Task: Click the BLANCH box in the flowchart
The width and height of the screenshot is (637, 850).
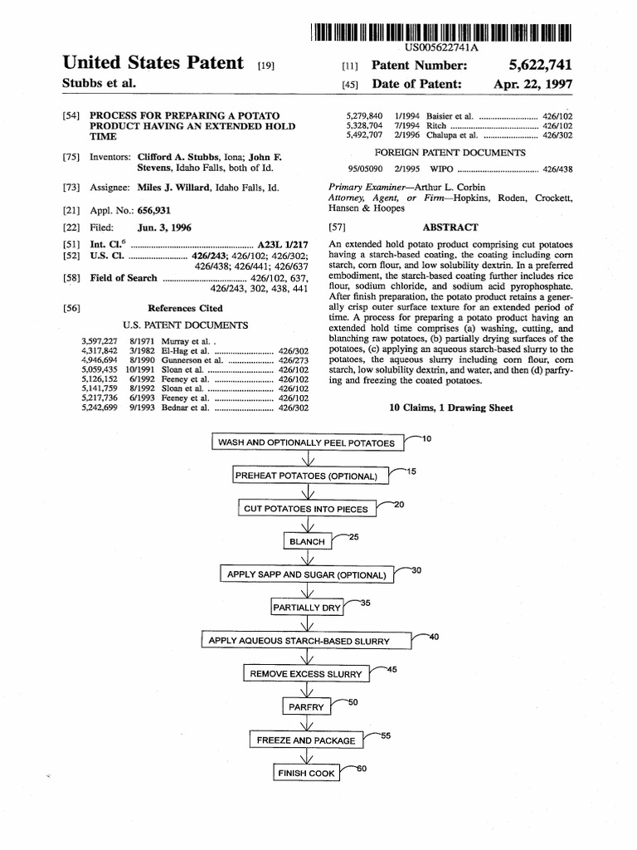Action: tap(307, 541)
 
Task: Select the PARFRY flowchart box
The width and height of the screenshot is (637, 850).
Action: tap(306, 707)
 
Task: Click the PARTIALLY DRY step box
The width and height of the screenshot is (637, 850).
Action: tap(307, 608)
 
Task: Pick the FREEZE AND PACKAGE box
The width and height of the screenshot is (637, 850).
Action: tap(306, 740)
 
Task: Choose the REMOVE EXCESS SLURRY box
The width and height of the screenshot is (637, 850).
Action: tap(306, 674)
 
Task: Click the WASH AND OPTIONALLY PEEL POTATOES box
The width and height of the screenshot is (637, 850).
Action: tap(306, 442)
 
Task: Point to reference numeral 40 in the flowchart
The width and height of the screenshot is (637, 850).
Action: tap(434, 637)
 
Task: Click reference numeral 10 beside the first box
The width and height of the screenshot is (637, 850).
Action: tap(426, 437)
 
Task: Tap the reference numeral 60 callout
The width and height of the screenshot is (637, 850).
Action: tap(361, 769)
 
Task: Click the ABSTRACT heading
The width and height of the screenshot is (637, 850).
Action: tap(450, 227)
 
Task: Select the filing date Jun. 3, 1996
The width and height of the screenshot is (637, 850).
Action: tap(166, 227)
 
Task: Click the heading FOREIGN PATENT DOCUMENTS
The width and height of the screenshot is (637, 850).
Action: tap(450, 153)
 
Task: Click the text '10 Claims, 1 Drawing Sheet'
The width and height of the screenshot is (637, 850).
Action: tap(450, 408)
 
